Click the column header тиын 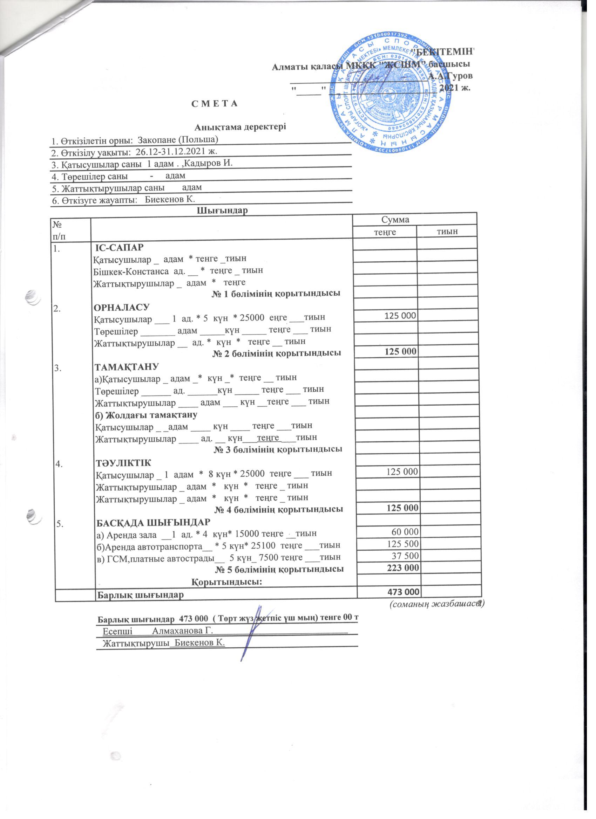click(447, 232)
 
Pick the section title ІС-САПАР click(119, 247)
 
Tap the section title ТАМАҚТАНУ click(127, 367)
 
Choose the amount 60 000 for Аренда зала click(405, 532)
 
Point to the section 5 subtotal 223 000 click(402, 568)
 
